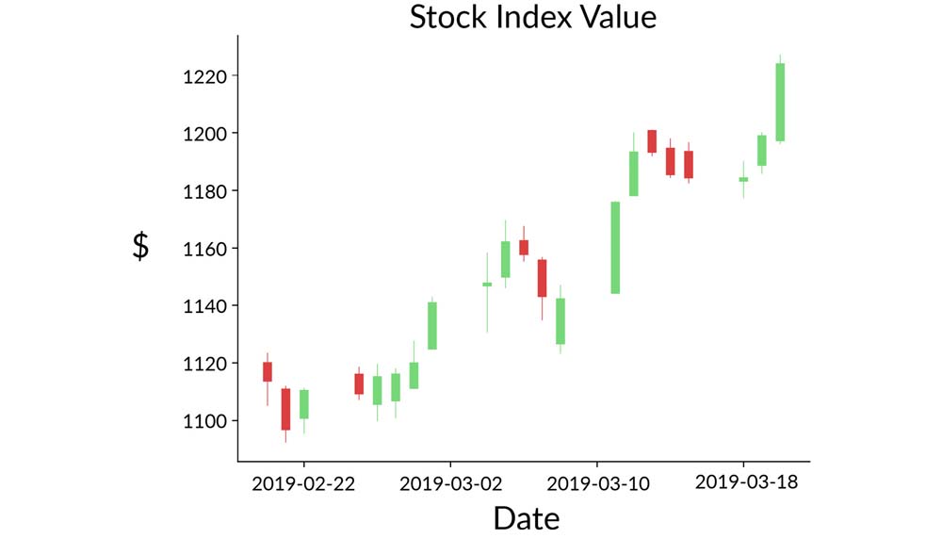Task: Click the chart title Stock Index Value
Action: [x=532, y=17]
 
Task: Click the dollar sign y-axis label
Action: [x=140, y=246]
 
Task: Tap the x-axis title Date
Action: [x=526, y=517]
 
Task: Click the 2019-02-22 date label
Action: [x=303, y=483]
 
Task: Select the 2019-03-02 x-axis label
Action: [x=450, y=483]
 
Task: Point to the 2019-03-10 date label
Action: [x=596, y=483]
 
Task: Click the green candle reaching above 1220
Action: [x=780, y=102]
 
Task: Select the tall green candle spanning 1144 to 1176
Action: [x=615, y=248]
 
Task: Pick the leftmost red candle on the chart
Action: [x=268, y=371]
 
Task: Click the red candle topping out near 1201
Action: [x=652, y=141]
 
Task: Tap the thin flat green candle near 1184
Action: [x=743, y=179]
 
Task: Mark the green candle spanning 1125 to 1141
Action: [x=432, y=326]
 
